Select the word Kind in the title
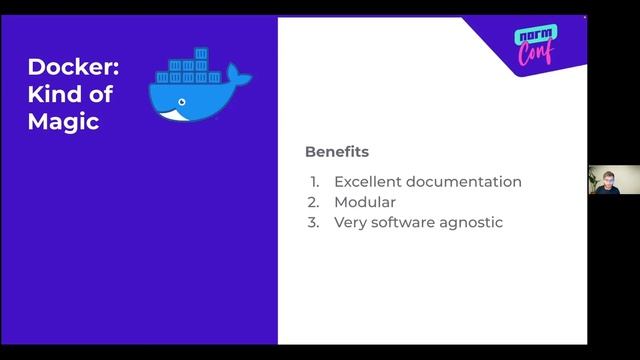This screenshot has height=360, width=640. [x=56, y=96]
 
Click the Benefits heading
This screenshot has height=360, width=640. [x=337, y=152]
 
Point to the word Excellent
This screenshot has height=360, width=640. [x=371, y=182]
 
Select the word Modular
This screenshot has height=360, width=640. [x=365, y=202]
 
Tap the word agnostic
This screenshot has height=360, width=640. [x=469, y=222]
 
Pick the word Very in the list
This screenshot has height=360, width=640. [x=350, y=222]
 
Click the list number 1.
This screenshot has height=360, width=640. [x=313, y=182]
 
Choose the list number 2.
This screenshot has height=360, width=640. [x=313, y=202]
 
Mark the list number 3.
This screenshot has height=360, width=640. [x=313, y=222]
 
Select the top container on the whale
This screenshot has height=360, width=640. [x=201, y=53]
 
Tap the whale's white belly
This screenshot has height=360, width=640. [x=178, y=115]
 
